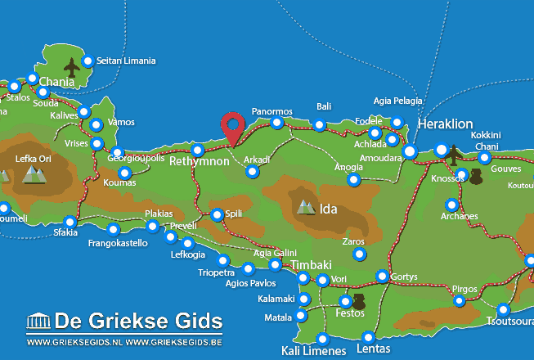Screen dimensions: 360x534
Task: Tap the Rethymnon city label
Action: coord(200,162)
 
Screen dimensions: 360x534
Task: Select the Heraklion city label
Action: coord(445,124)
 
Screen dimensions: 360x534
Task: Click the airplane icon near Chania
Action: coord(71,67)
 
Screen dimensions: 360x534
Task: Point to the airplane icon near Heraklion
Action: coord(451,151)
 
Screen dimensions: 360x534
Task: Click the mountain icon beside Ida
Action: coord(307,208)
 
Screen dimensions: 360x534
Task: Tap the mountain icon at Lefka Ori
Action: coord(34,173)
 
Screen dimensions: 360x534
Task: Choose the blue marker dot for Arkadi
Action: coord(253,172)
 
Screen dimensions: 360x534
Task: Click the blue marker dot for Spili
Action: coord(217,214)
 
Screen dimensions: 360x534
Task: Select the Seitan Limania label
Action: coord(125,61)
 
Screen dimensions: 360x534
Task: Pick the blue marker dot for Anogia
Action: coord(353,179)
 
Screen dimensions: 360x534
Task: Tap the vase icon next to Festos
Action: coord(358,302)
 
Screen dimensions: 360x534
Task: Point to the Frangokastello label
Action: coord(118,243)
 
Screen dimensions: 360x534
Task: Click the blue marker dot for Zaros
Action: coord(359,254)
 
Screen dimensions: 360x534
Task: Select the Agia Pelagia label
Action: coord(397,101)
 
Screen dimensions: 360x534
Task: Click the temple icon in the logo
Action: coord(38,319)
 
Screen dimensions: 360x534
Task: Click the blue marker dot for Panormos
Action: coord(277,123)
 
